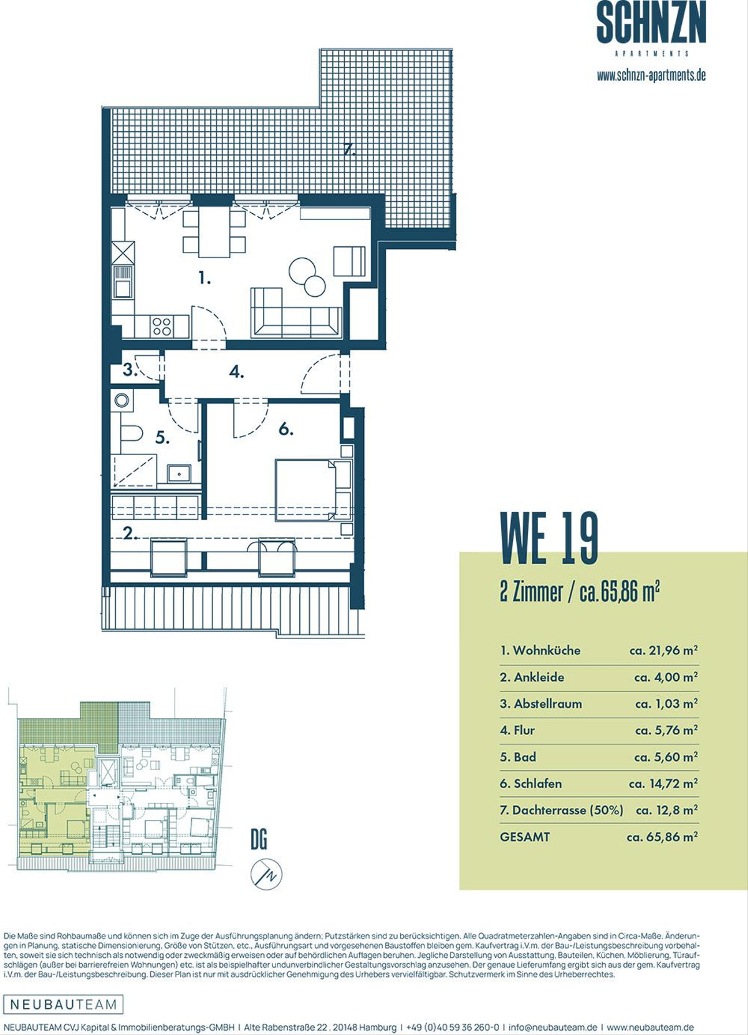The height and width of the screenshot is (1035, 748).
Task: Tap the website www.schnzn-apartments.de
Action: (x=651, y=76)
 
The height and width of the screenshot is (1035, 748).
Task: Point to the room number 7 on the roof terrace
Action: (x=349, y=149)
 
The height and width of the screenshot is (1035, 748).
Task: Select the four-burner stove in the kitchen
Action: (x=162, y=325)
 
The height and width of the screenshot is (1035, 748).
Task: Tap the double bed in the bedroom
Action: (x=314, y=490)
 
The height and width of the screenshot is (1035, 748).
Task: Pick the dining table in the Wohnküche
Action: (x=214, y=231)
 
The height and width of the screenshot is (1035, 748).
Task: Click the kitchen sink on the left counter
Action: (x=123, y=282)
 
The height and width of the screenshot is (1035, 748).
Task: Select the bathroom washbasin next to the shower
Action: (x=180, y=474)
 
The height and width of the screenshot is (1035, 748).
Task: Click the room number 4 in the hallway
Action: (x=236, y=372)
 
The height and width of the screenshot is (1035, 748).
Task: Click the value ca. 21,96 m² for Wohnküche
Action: (x=663, y=650)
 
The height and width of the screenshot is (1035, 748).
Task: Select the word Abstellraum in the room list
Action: (x=548, y=704)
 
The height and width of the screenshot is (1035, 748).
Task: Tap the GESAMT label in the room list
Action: (x=525, y=837)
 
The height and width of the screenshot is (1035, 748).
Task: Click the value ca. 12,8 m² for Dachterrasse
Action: (x=667, y=810)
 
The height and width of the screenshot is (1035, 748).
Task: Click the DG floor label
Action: (x=259, y=840)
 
